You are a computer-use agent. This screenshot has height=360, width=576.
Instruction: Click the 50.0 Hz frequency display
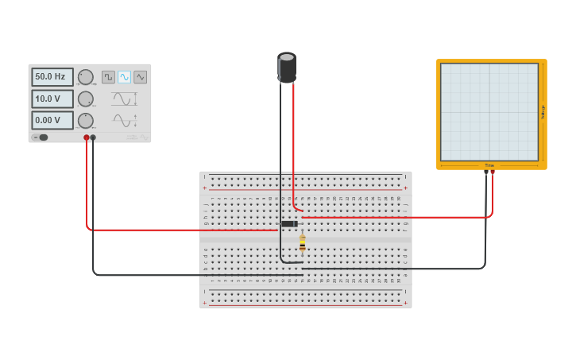[52, 77]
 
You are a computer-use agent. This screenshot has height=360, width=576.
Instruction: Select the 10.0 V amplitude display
[52, 99]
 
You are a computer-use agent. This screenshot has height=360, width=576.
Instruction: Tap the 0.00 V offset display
[52, 120]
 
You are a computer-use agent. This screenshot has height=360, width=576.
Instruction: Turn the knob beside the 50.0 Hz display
[85, 77]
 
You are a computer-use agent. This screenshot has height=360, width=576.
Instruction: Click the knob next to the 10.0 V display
[85, 99]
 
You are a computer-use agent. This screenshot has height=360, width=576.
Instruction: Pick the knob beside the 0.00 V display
[85, 120]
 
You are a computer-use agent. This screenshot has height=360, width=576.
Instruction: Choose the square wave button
[108, 77]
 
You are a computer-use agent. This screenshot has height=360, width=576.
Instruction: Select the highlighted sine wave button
[124, 77]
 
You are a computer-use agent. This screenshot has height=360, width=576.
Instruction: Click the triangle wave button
[140, 77]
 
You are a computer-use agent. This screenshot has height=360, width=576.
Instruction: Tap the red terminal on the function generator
[87, 137]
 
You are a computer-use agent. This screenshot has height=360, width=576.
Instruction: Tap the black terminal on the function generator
[93, 137]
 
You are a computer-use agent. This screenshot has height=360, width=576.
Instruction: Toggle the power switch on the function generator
[41, 137]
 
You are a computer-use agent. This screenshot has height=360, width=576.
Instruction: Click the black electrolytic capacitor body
[287, 68]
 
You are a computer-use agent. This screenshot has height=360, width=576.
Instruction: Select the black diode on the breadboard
[289, 224]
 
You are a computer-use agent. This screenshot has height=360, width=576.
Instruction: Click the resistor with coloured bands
[302, 243]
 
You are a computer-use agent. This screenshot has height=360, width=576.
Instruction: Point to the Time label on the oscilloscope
[489, 165]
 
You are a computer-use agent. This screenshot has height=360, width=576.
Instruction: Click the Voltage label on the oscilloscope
[543, 112]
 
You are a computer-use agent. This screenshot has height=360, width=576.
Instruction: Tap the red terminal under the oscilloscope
[493, 172]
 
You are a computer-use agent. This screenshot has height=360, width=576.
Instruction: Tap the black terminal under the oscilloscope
[486, 172]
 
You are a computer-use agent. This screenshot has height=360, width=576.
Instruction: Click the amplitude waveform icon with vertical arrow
[124, 99]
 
